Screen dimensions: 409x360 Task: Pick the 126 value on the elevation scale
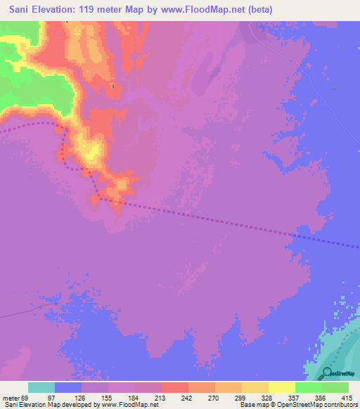pos(96,398)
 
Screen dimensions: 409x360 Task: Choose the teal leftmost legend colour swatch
pos(41,387)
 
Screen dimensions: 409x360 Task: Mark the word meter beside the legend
pos(11,398)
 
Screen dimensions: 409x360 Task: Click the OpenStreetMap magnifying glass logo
pos(328,372)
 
